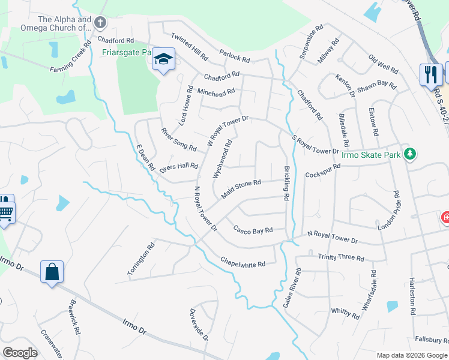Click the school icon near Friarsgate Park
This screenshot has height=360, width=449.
163,59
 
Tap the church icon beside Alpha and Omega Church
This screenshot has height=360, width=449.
100,23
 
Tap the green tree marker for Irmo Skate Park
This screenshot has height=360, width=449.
410,154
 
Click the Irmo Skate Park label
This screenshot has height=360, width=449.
370,155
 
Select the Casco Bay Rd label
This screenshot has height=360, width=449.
253,230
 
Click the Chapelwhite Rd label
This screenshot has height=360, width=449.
243,262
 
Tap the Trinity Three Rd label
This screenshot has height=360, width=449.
341,257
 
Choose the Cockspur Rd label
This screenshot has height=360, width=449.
323,171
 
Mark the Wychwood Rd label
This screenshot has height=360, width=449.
222,159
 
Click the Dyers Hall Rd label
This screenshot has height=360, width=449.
178,167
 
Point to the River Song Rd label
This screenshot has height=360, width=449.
178,139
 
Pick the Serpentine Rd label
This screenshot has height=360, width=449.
311,41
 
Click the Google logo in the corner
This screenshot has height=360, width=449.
20,353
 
